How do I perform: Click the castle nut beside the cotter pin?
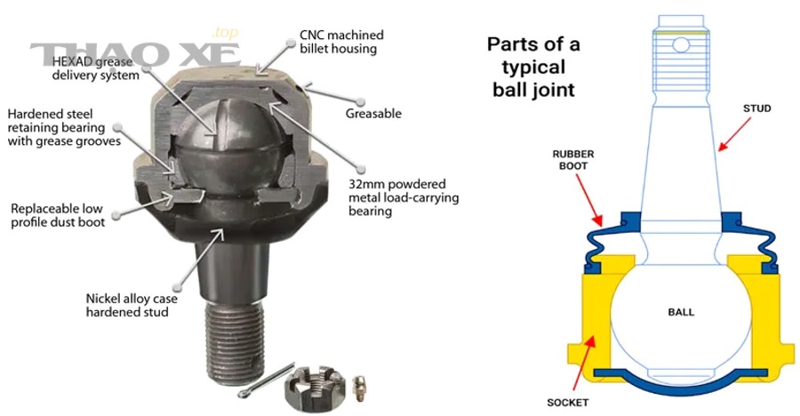(308, 387)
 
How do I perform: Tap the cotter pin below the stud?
(266, 380)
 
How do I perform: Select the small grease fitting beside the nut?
(359, 388)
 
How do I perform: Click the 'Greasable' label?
(373, 114)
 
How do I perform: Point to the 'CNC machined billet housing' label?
(341, 42)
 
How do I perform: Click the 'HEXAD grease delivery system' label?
(95, 68)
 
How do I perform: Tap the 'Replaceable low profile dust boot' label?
(58, 215)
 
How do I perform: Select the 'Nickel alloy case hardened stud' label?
(132, 305)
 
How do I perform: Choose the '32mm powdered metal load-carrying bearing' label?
(404, 197)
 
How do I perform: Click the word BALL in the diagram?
(681, 312)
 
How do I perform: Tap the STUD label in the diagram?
(756, 108)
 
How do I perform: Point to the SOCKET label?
(567, 403)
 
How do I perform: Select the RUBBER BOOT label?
(573, 160)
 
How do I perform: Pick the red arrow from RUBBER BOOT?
(589, 201)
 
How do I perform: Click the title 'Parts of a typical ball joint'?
(533, 67)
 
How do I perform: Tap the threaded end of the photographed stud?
(236, 340)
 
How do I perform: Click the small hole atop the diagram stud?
(681, 45)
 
